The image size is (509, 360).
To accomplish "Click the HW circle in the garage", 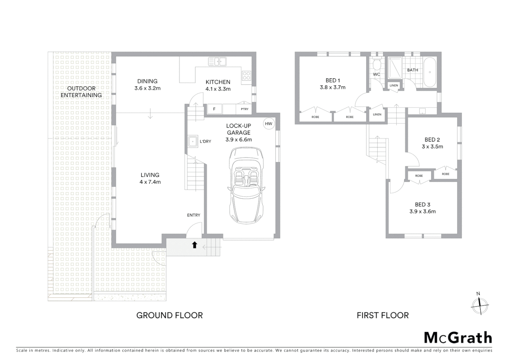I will click(x=268, y=124).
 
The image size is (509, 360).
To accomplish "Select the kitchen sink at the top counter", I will click(x=217, y=62).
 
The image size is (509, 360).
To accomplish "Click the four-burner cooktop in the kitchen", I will click(x=247, y=76).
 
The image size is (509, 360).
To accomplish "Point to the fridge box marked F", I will click(x=214, y=109).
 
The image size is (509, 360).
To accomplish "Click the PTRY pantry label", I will click(x=245, y=109).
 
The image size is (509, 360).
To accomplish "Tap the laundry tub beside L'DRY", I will click(x=193, y=141).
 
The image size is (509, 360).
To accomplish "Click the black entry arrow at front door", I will click(x=195, y=245).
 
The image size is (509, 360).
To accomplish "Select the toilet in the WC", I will click(x=377, y=64).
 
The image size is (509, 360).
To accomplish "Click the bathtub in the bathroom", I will click(x=430, y=72).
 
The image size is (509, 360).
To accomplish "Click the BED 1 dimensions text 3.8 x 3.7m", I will click(x=332, y=87).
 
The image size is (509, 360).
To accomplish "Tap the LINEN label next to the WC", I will click(x=394, y=85).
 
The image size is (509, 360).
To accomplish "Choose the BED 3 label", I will click(x=422, y=204).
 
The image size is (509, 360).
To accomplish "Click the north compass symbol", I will click(x=480, y=305).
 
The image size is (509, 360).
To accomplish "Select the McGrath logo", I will click(x=458, y=338).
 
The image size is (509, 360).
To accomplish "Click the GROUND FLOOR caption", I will click(x=170, y=315).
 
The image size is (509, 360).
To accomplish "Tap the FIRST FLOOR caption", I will click(x=382, y=315).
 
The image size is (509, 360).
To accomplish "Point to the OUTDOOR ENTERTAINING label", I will click(x=81, y=92).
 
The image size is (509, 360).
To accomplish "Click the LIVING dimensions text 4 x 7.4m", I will click(x=150, y=182).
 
